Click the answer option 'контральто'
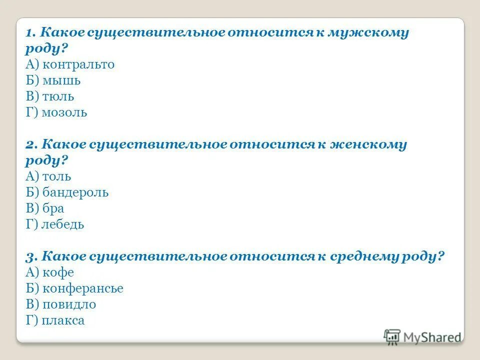click(x=78, y=64)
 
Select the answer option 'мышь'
click(x=61, y=80)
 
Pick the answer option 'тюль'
click(x=58, y=96)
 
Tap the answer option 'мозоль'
click(x=64, y=112)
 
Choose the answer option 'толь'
click(x=56, y=176)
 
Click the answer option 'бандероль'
click(x=75, y=192)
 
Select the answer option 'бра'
click(x=53, y=208)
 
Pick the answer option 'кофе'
click(x=58, y=272)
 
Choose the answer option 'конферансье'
click(x=82, y=288)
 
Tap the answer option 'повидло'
click(x=69, y=304)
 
